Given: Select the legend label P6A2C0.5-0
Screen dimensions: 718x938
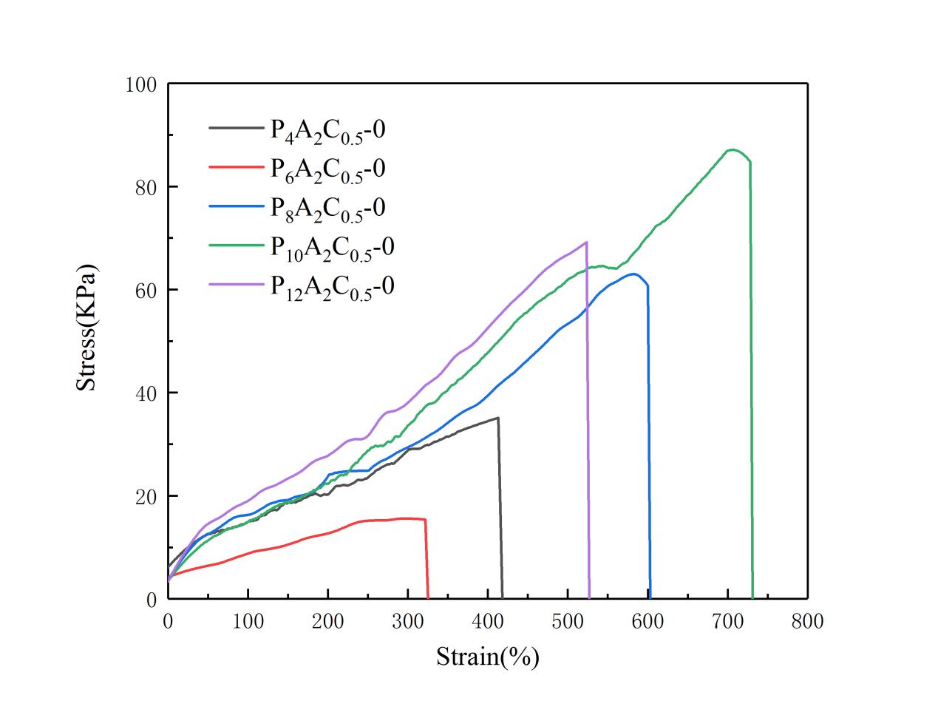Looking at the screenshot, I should [327, 169].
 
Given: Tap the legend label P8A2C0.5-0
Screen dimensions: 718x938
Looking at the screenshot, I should [327, 208].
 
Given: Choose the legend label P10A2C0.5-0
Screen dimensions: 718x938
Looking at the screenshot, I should [331, 246].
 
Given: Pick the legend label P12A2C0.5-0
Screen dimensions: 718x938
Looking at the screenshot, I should [331, 285].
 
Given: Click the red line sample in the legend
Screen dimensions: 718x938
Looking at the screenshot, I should [235, 167].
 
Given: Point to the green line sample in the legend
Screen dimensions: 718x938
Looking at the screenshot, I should [235, 245].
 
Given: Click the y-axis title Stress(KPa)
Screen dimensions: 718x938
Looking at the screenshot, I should [87, 327].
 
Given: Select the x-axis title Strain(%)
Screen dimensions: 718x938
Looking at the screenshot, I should [487, 656].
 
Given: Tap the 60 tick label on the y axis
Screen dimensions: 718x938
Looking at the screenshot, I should [146, 291].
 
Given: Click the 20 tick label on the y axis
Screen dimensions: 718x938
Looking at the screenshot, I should [146, 496].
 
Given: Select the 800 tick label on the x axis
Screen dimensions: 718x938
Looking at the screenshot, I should [806, 621].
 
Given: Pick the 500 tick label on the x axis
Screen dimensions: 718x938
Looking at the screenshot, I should [567, 621].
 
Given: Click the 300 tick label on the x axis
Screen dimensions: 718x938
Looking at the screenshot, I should [407, 621].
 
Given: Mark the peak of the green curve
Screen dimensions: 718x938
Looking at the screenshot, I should [732, 149].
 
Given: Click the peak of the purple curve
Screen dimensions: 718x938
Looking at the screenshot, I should [586, 242].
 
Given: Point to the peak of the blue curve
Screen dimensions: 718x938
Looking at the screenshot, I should [634, 274].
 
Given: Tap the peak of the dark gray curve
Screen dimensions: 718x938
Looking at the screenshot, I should [497, 418].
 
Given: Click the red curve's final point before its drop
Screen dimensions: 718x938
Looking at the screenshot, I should [425, 519].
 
